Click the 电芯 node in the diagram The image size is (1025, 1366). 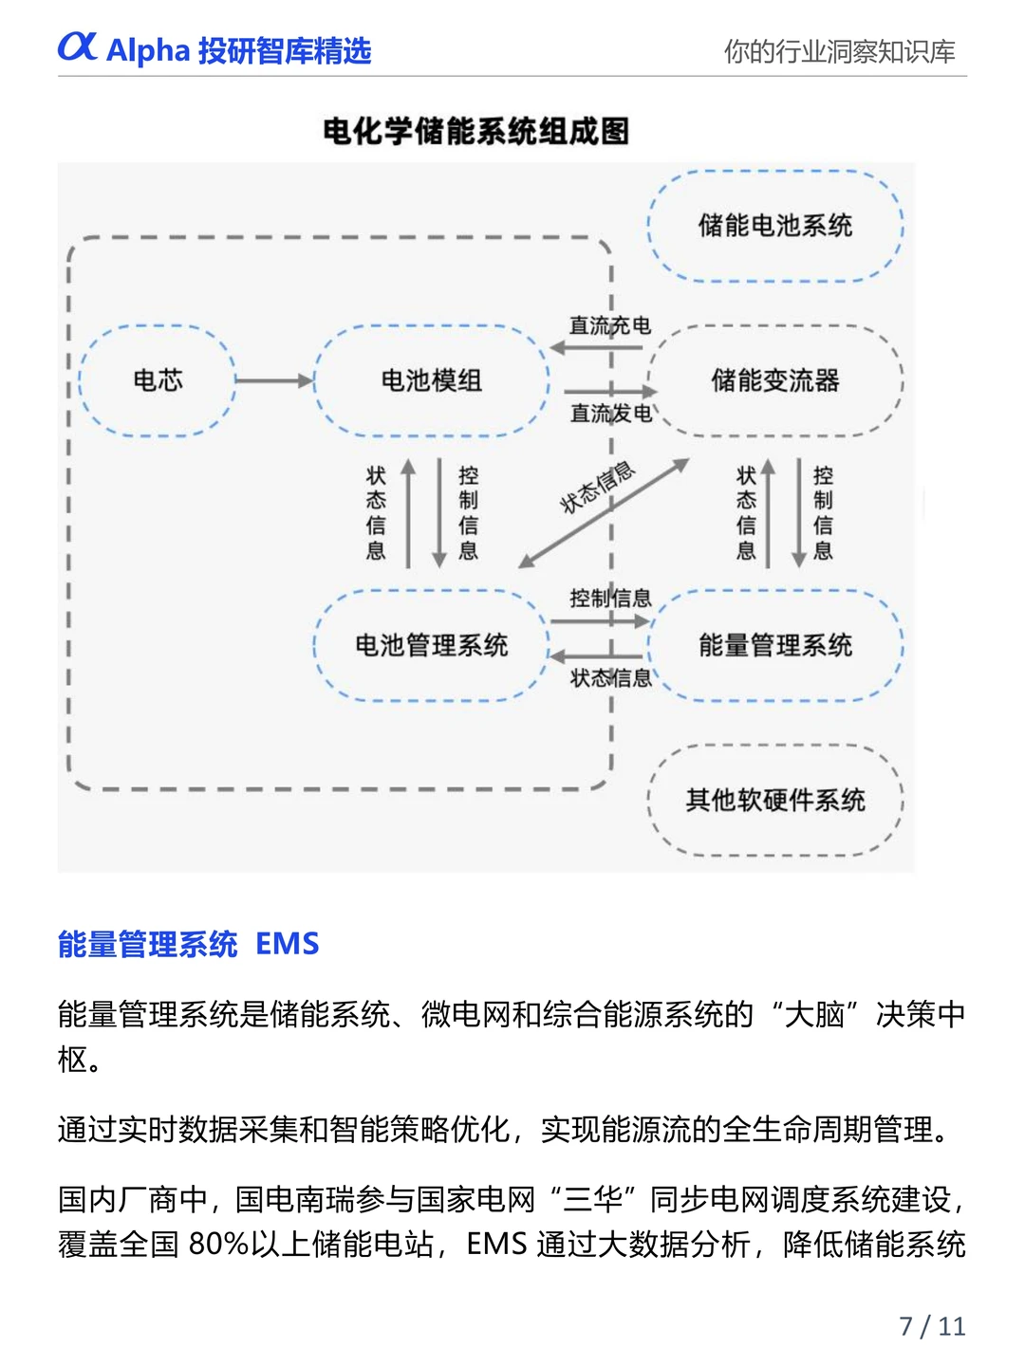[x=158, y=380]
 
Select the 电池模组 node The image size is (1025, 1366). [x=431, y=380]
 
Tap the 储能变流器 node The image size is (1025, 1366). [x=775, y=380]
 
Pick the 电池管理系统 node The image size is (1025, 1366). [x=431, y=645]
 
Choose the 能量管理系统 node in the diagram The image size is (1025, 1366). [x=775, y=645]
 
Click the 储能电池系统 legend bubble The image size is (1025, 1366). [x=775, y=226]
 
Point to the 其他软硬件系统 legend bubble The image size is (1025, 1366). [x=775, y=800]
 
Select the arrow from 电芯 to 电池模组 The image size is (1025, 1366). [x=273, y=380]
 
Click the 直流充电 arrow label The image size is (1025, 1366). [x=609, y=325]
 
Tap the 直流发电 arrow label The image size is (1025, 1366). [x=610, y=414]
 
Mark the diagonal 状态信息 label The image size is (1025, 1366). [x=596, y=488]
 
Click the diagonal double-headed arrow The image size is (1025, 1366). [x=604, y=513]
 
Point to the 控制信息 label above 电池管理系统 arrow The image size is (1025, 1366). [x=610, y=598]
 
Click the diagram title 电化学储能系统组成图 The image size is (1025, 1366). [x=476, y=131]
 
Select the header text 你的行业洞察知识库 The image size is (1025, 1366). [x=839, y=51]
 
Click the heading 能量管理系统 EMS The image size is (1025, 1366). [x=188, y=944]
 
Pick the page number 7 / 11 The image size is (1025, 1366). [x=932, y=1325]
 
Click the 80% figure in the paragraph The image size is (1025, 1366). [x=217, y=1244]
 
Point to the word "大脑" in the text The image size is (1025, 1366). [x=815, y=1014]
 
